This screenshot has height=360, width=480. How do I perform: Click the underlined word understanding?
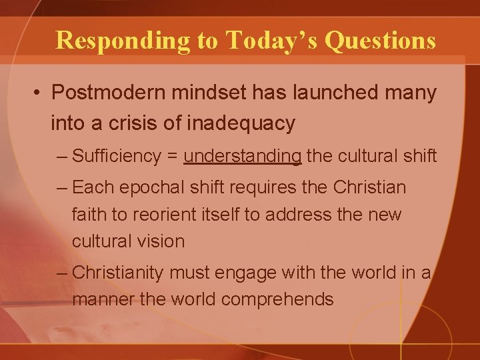(x=243, y=156)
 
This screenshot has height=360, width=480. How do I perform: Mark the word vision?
(x=161, y=241)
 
